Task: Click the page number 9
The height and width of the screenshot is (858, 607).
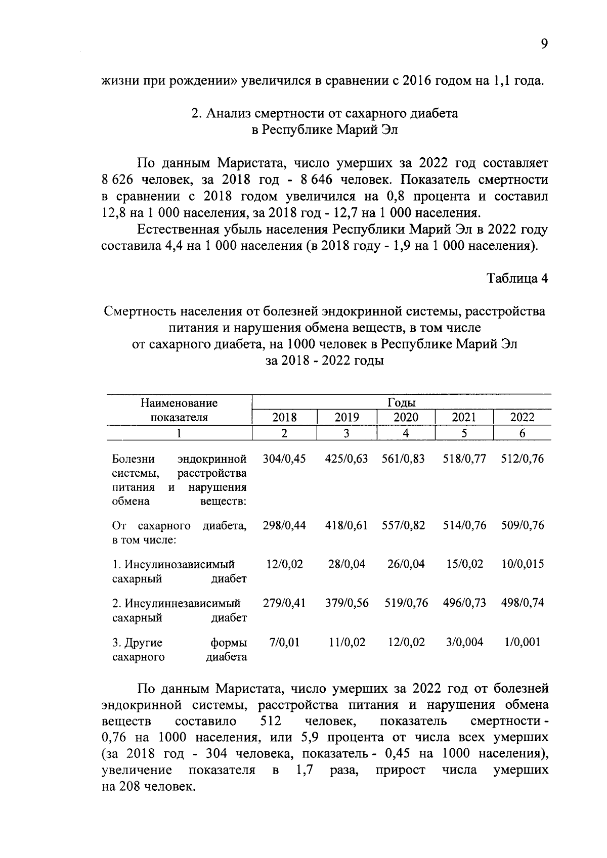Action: [x=544, y=44]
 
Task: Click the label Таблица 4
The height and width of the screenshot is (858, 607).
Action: [x=517, y=278]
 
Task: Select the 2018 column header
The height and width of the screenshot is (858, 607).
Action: [x=284, y=418]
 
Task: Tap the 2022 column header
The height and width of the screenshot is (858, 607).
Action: [x=522, y=418]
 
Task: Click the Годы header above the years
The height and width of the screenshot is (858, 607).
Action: [x=401, y=402]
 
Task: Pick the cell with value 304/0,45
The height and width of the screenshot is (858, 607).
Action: [x=284, y=459]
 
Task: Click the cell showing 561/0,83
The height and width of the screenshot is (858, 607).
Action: [x=403, y=459]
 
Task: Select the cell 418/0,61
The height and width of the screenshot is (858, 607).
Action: [x=346, y=525]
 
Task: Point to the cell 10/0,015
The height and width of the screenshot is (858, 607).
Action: [x=522, y=564]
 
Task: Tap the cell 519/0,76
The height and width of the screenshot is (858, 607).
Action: [x=406, y=603]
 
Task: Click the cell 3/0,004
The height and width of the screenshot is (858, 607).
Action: [x=464, y=642]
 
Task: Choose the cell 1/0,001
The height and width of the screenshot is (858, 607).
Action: [x=522, y=642]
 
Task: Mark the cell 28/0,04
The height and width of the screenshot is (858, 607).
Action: [x=346, y=564]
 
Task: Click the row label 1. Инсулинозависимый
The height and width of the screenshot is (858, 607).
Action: [x=174, y=564]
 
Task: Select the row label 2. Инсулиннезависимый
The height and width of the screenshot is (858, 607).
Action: [x=176, y=603]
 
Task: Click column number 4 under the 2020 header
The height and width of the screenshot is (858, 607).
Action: [x=406, y=433]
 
